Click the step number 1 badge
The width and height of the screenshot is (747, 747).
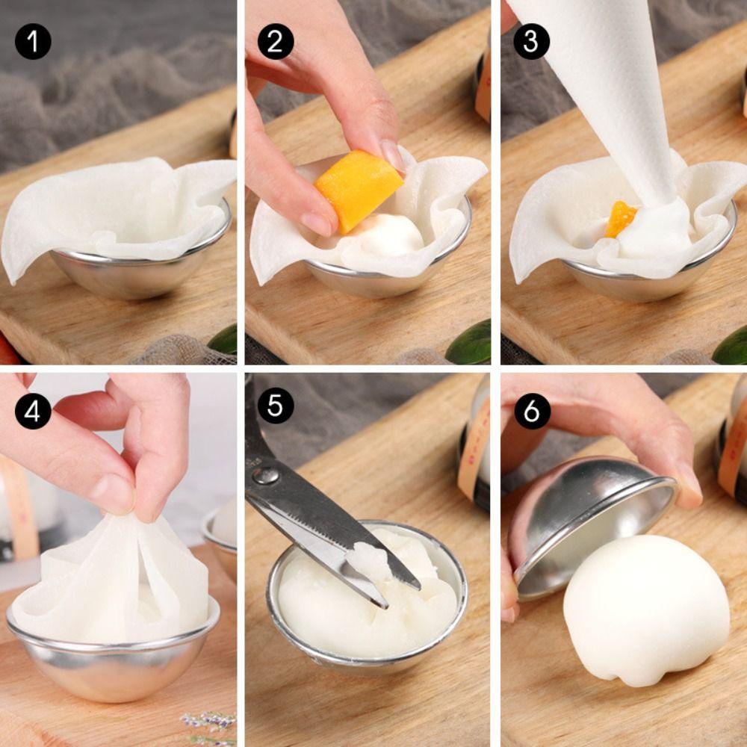(33, 42)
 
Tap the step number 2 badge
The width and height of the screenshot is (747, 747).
(276, 42)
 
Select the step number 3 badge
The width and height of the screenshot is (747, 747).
(531, 42)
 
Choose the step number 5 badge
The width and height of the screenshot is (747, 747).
(276, 406)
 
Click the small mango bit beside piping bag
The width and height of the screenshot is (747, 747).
(621, 219)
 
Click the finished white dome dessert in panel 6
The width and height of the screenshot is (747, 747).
(645, 609)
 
